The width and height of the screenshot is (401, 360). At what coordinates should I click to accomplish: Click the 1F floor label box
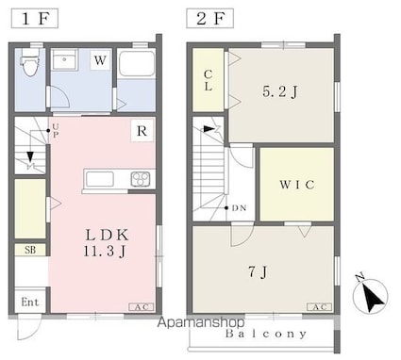(35, 19)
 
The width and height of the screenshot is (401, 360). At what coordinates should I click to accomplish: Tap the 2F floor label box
(209, 19)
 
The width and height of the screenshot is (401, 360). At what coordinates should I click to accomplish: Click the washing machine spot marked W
(101, 59)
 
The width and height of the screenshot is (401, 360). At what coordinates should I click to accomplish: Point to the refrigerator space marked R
(142, 131)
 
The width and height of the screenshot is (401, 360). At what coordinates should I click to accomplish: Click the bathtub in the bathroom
(137, 64)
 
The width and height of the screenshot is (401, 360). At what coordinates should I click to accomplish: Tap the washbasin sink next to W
(64, 59)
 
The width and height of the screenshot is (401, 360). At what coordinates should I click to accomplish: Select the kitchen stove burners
(141, 179)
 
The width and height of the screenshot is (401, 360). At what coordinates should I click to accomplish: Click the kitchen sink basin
(99, 179)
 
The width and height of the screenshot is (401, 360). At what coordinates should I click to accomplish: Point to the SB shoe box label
(30, 250)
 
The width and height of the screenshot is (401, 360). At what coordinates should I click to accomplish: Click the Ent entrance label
(30, 303)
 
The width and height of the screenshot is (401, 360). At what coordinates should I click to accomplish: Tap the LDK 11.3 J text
(106, 242)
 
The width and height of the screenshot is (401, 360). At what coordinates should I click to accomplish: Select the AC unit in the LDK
(142, 307)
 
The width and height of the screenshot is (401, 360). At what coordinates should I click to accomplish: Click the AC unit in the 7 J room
(319, 307)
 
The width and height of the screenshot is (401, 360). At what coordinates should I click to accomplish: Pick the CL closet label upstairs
(208, 80)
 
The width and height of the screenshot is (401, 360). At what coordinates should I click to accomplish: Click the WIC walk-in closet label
(297, 185)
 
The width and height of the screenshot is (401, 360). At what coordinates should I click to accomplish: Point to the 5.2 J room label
(280, 91)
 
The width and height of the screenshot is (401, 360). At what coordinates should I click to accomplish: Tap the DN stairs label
(239, 208)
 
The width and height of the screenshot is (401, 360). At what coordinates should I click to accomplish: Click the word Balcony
(266, 334)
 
